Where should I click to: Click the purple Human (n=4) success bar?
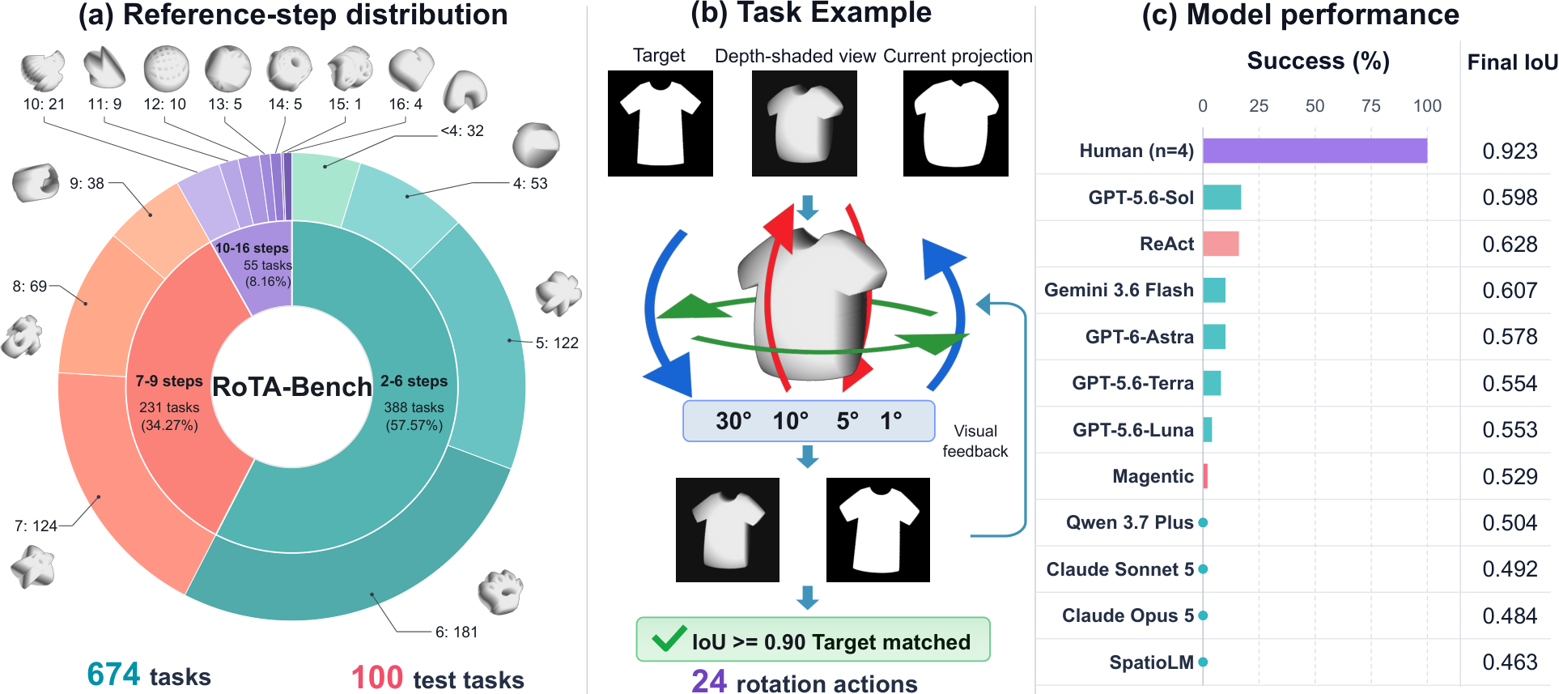1315,151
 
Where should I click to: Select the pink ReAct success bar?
1221,244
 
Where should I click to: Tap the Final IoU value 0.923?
1510,151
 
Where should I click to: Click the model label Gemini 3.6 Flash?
1119,290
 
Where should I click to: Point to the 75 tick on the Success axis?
1370,106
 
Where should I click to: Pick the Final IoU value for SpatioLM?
1510,662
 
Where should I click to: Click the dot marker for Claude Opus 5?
1203,615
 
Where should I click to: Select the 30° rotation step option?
733,420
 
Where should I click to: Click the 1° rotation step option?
891,420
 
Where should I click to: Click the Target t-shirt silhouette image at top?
661,123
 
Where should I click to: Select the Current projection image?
956,123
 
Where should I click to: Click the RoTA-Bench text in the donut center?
291,387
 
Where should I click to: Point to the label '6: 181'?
457,632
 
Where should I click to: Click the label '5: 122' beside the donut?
557,343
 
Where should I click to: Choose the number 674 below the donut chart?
114,675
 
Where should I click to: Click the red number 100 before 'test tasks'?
377,678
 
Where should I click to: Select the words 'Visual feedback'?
975,441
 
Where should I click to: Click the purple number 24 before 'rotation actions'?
709,681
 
